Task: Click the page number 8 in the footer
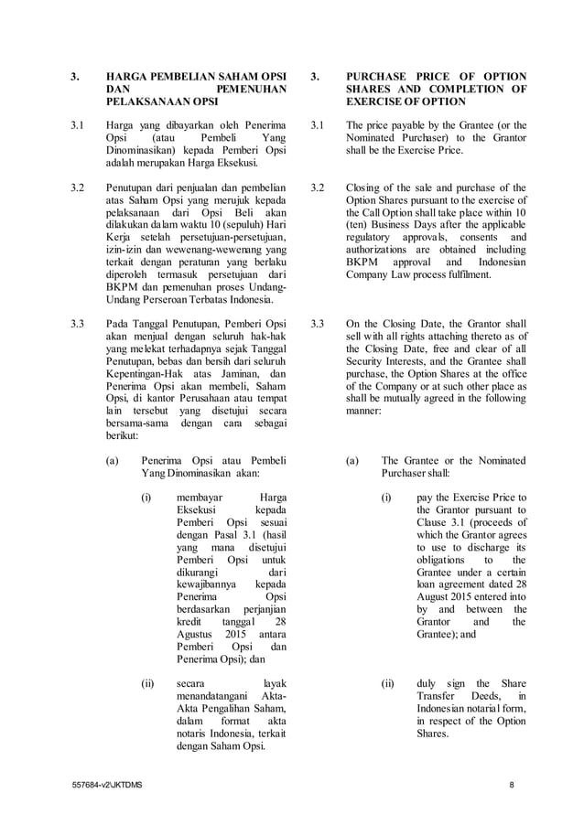pos(514,786)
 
